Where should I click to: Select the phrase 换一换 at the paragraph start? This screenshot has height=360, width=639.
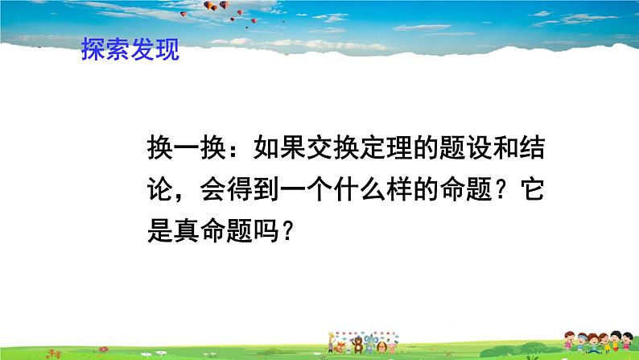point(189,149)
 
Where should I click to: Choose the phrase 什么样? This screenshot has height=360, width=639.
point(385,190)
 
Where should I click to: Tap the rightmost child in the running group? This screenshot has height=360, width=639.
point(624,343)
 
